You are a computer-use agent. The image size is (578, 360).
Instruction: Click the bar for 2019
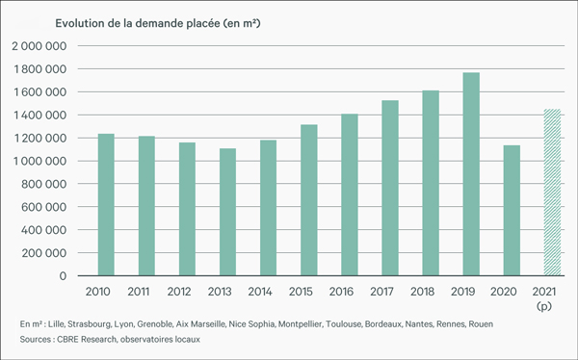[471, 174]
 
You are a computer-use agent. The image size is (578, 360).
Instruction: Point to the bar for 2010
[105, 205]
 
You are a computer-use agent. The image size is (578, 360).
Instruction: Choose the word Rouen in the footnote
[479, 324]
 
